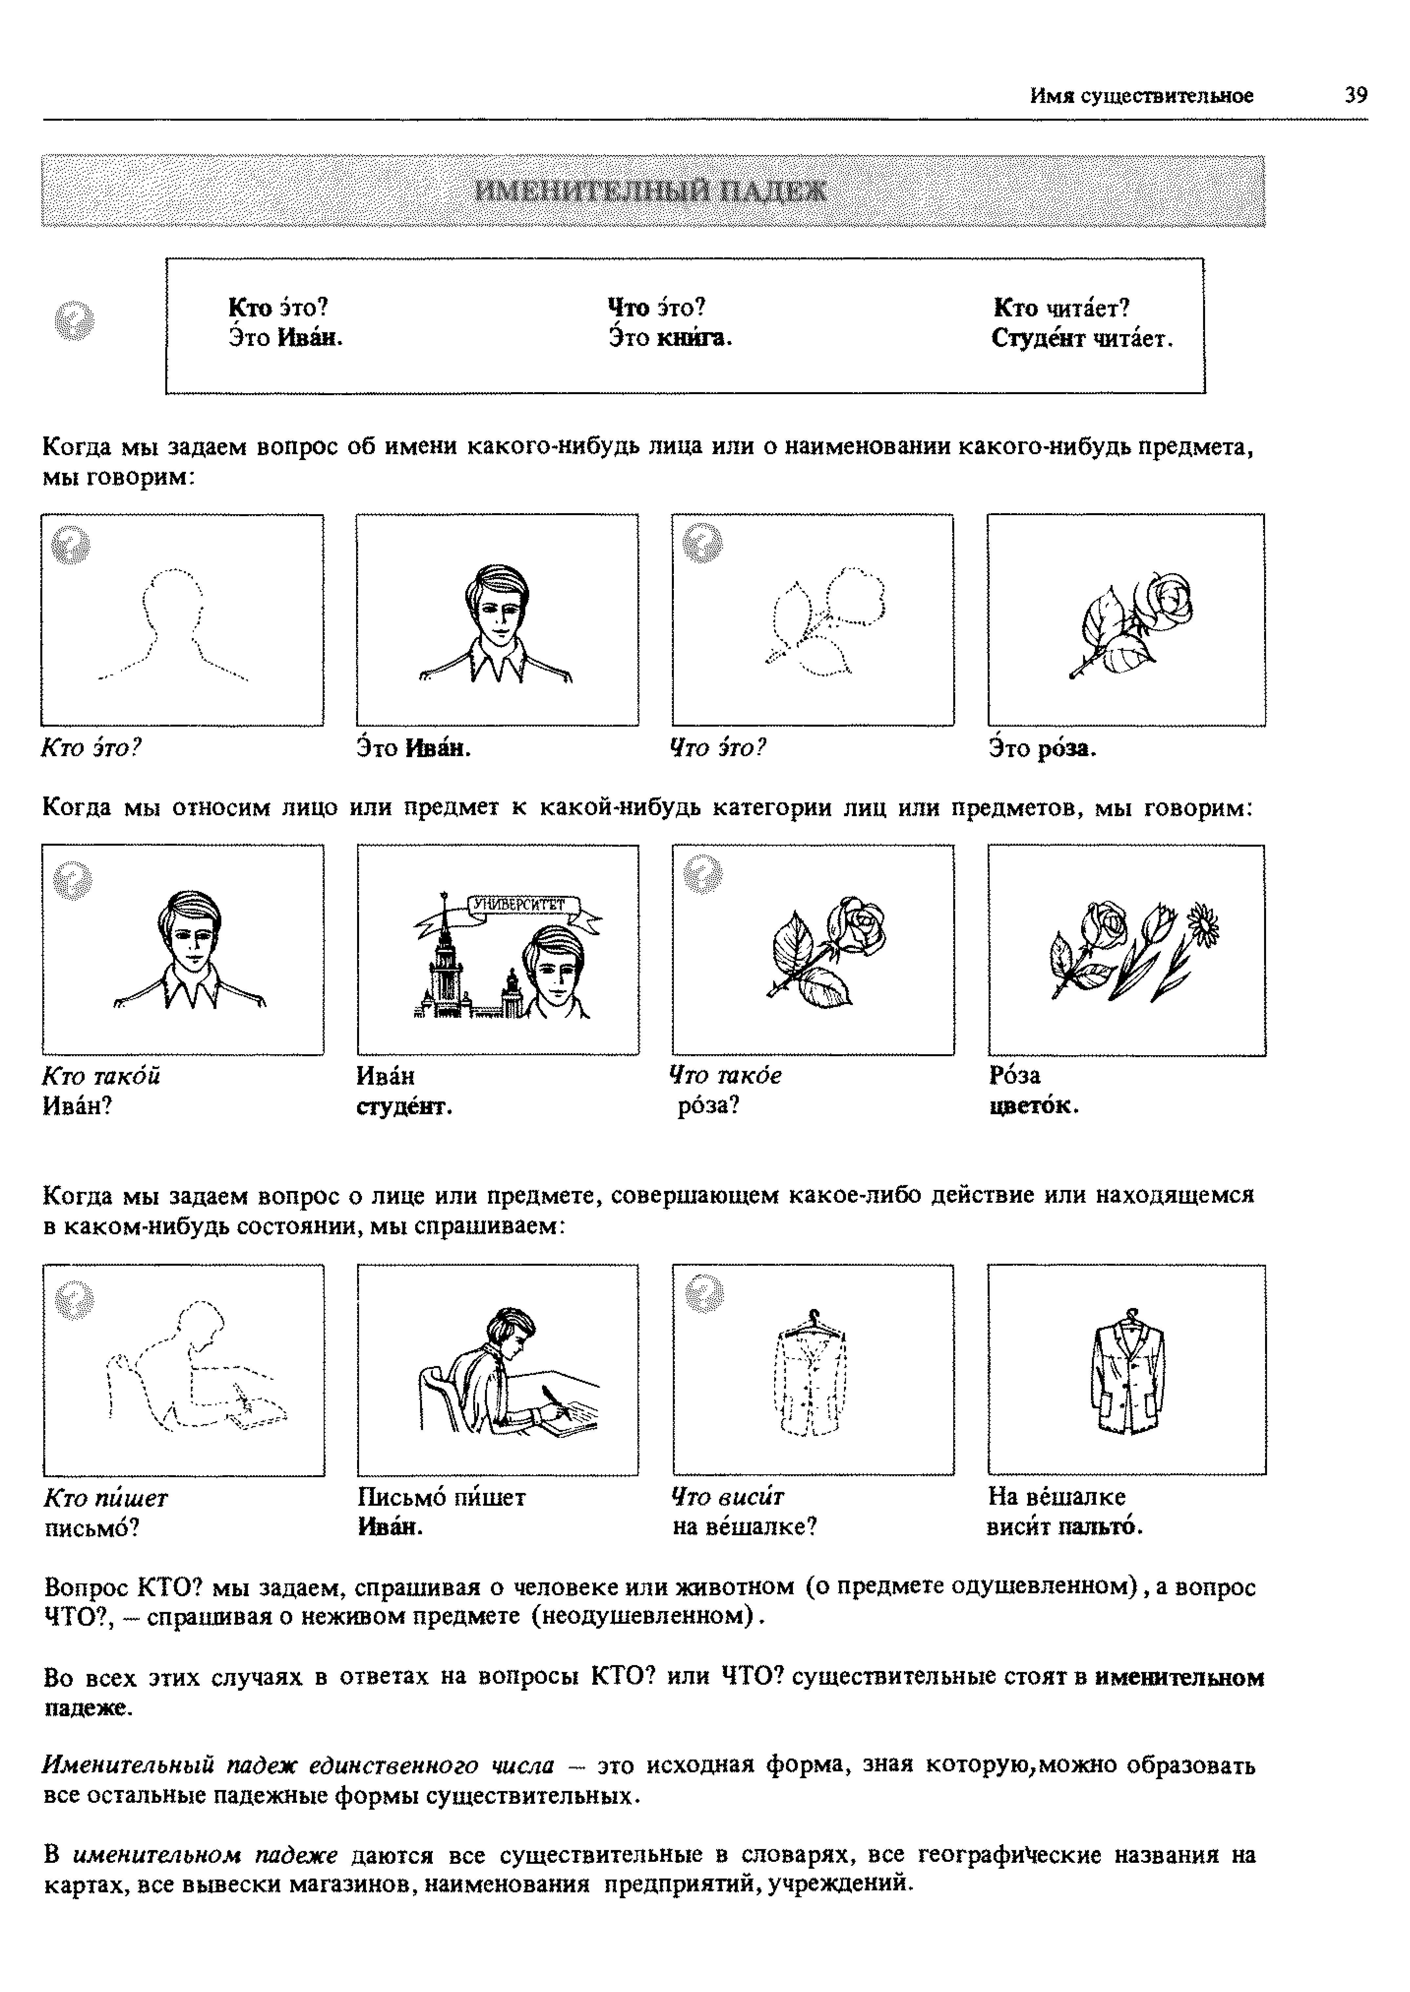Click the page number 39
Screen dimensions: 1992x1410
(1355, 95)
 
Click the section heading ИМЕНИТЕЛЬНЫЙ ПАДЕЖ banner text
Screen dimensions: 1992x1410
(651, 191)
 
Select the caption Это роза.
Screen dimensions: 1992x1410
(1042, 748)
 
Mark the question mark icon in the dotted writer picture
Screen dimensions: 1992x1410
(74, 1299)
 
